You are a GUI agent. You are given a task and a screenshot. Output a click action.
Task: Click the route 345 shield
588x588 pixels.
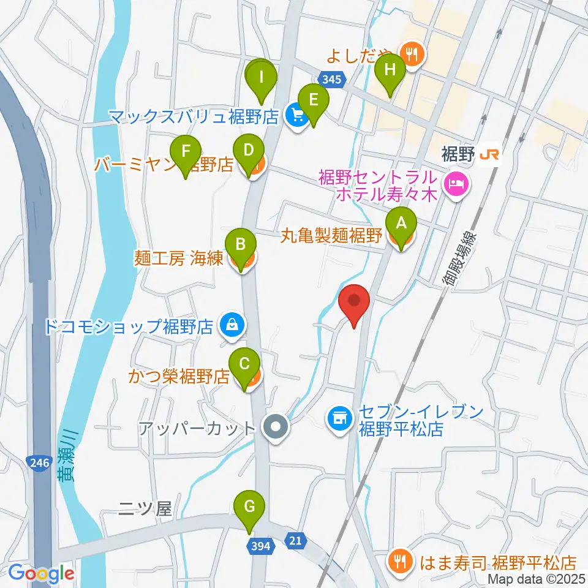pyautogui.click(x=333, y=79)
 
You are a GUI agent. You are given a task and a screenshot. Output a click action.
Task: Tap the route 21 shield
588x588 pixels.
pyautogui.click(x=295, y=540)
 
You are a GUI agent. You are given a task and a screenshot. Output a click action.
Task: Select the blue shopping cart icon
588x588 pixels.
pyautogui.click(x=296, y=115)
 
